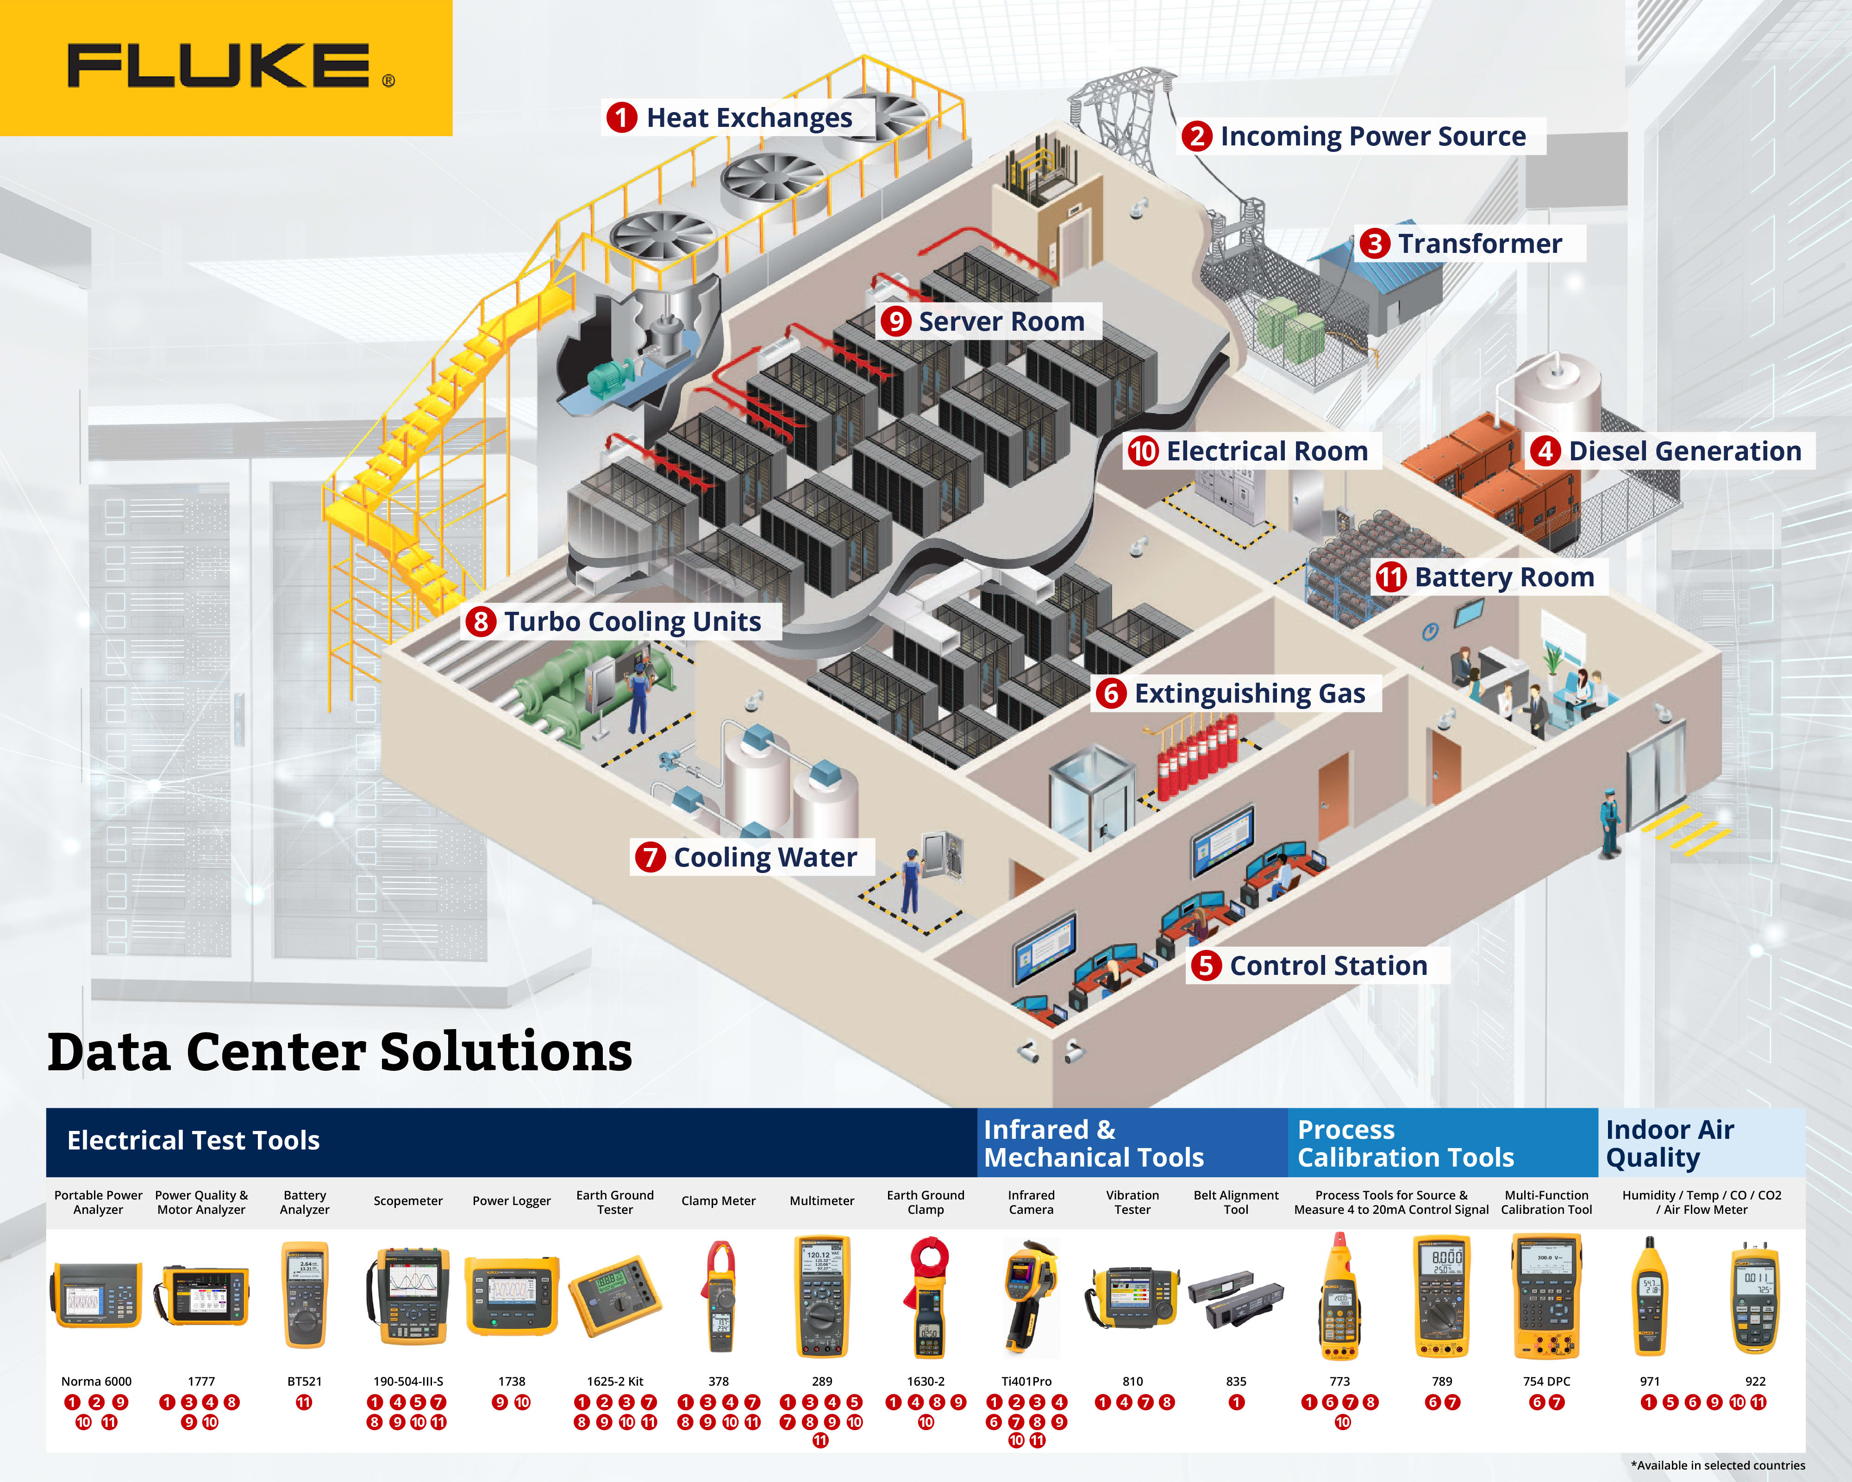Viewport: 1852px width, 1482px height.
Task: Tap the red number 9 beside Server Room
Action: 895,321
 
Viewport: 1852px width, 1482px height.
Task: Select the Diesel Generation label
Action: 1683,451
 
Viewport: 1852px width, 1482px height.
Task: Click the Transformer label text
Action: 1479,244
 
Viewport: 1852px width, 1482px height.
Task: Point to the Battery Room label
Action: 1503,577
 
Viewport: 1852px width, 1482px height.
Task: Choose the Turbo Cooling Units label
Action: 632,621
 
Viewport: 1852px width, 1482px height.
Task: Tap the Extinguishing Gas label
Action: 1249,693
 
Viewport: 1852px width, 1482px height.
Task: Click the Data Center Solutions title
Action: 339,1052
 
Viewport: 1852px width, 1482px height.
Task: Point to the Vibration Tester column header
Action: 1132,1202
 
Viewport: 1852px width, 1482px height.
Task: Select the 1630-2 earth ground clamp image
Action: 926,1297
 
